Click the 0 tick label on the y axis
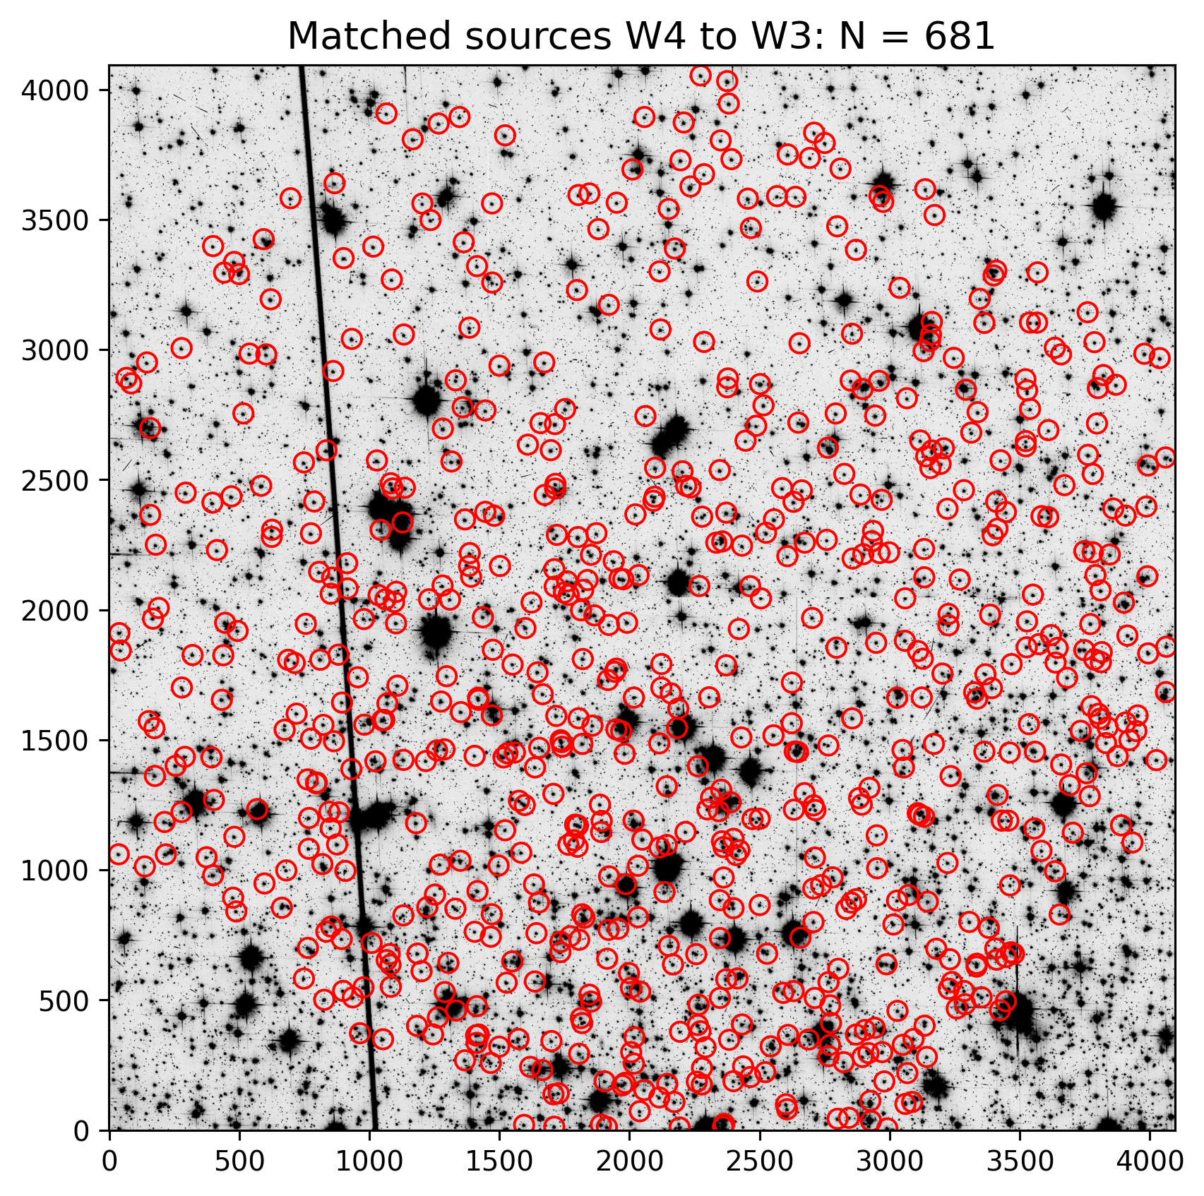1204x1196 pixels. (x=90, y=1130)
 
